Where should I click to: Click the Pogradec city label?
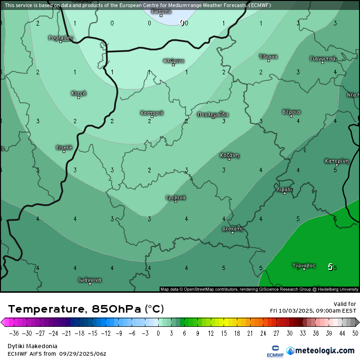pos(60,37)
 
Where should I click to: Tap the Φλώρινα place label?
pos(173,61)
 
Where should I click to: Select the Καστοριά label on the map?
pos(152,113)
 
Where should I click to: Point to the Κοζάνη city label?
pos(229,155)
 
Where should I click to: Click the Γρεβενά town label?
pos(176,197)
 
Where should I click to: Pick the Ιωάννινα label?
pos(90,279)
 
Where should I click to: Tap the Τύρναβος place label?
pos(304,265)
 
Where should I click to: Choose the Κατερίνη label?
pos(337,161)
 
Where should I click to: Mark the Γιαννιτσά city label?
pos(323,59)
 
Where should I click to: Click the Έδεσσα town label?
pos(269,56)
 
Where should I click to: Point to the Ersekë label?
pos(64,147)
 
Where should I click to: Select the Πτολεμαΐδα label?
pos(213,114)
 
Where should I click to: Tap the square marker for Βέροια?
pos(291,116)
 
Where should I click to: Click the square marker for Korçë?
pos(79,97)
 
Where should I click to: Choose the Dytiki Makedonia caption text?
pos(33,346)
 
